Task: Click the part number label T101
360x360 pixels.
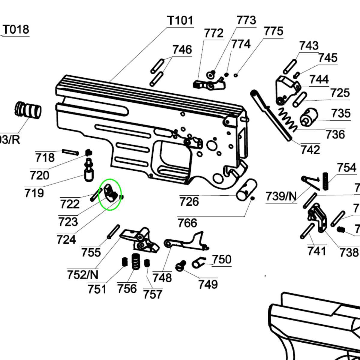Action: point(180,20)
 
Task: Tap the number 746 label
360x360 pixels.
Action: point(182,49)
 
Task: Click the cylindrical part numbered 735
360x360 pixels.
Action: point(309,117)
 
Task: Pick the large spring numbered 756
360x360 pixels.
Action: point(136,262)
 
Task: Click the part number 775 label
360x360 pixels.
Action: point(273,31)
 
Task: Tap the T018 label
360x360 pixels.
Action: point(16,29)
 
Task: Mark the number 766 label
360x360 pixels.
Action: point(187,223)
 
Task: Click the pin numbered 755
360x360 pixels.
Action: point(113,232)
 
